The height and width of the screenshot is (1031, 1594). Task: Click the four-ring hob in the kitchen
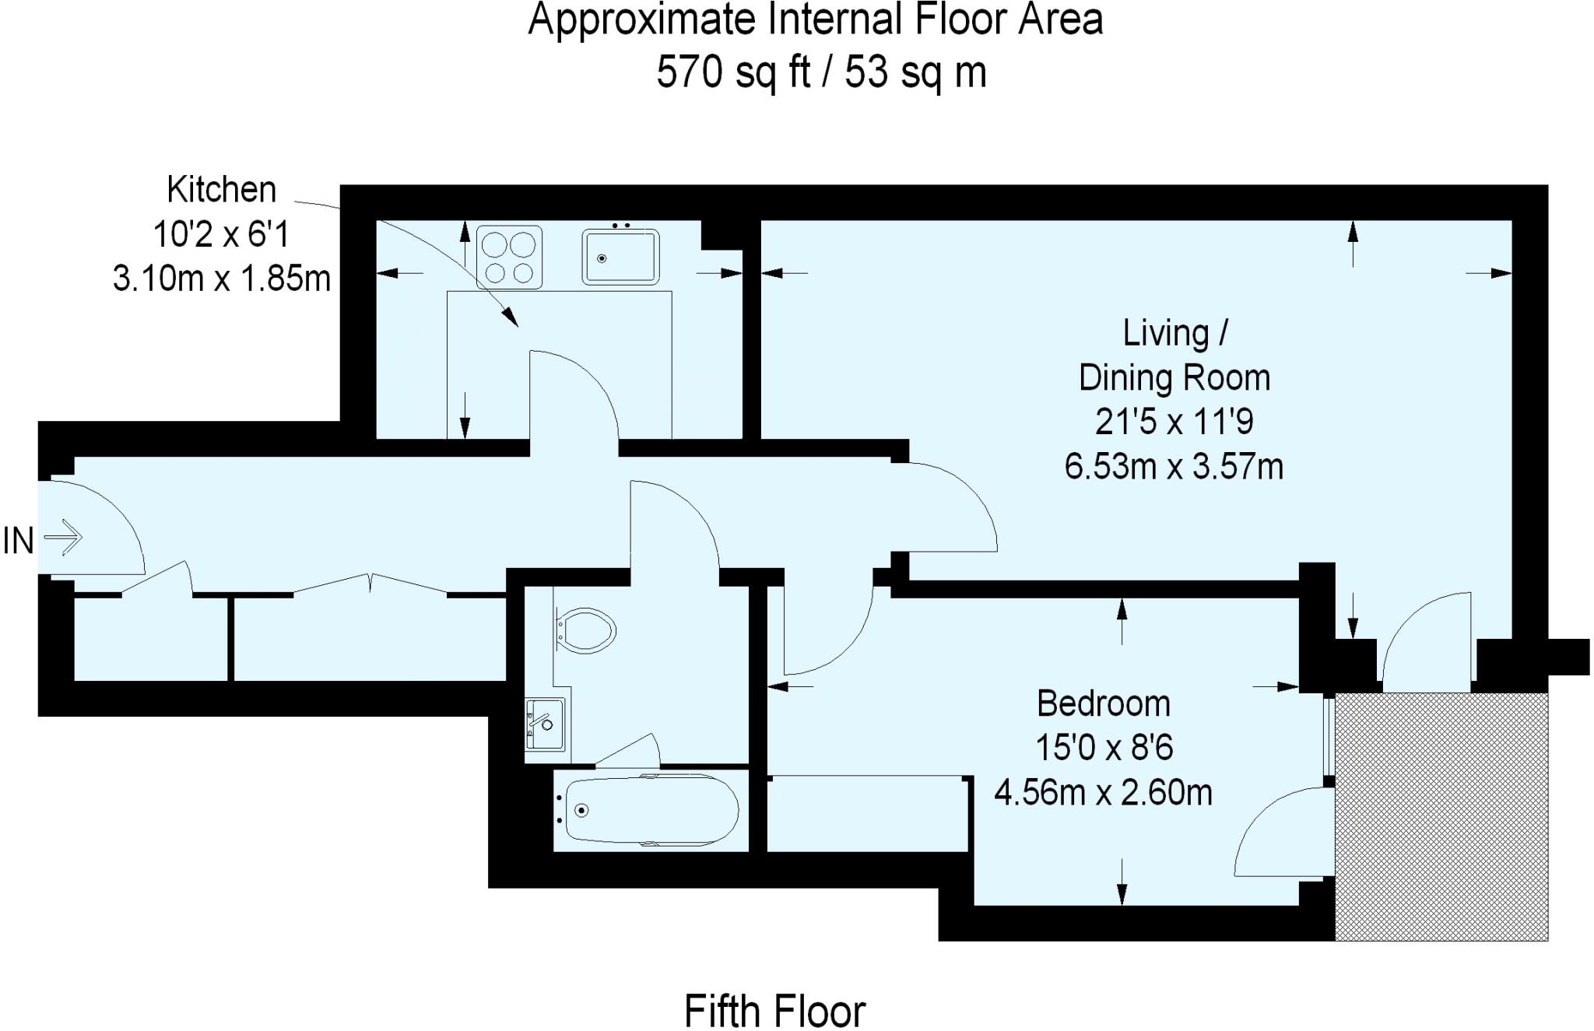click(x=509, y=257)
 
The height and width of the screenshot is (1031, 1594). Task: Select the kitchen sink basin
click(x=620, y=257)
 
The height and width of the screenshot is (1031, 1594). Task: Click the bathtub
click(x=651, y=809)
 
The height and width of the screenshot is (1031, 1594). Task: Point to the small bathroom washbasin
click(x=545, y=724)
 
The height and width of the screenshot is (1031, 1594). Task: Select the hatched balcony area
click(x=1441, y=817)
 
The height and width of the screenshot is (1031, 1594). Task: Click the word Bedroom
click(x=1103, y=703)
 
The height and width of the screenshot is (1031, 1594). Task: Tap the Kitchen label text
click(x=221, y=190)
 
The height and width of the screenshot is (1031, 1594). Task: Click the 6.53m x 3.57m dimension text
click(x=1174, y=467)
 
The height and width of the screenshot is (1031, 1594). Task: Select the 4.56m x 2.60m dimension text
click(x=1103, y=793)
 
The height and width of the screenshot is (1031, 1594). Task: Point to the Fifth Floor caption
click(x=774, y=1011)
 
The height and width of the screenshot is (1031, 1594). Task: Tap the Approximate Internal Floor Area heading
click(x=815, y=20)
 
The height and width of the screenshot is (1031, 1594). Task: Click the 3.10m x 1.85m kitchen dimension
click(x=222, y=279)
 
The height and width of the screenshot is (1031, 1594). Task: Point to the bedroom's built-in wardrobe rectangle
click(x=869, y=814)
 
